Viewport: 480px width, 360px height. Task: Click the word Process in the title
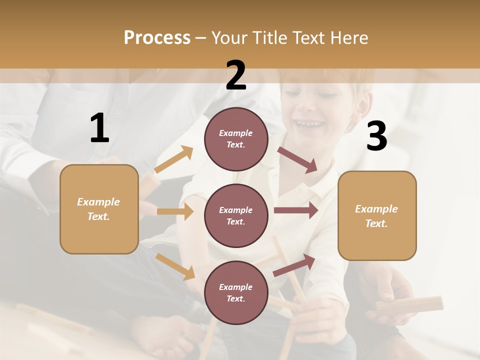(157, 37)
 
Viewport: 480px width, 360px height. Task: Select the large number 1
(99, 128)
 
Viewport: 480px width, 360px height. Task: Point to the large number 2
(236, 76)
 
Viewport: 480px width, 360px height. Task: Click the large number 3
(376, 136)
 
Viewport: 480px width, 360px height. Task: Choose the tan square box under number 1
(99, 209)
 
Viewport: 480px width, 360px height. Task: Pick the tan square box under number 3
(377, 215)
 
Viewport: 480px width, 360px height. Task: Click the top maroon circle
(236, 138)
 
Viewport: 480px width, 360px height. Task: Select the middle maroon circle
(236, 215)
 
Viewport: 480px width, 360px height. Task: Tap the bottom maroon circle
(236, 292)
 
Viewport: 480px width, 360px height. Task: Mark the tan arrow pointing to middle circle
(175, 211)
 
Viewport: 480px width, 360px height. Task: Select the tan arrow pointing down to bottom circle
(175, 266)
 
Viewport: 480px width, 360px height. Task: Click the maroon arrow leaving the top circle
(297, 159)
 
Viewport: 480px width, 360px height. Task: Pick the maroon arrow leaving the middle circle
(296, 210)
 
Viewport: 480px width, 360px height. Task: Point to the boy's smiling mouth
(306, 123)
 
